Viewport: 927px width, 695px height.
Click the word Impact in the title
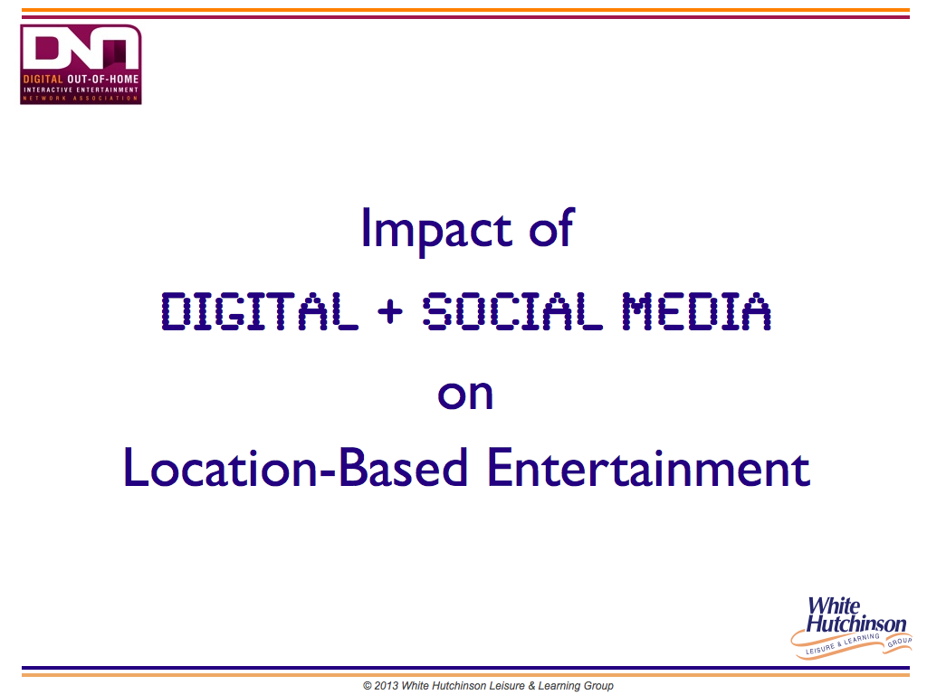[x=436, y=231]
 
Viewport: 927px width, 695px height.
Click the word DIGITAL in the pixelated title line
[x=260, y=311]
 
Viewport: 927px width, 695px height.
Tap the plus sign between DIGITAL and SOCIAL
[x=390, y=311]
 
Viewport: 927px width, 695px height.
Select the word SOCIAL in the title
[x=512, y=311]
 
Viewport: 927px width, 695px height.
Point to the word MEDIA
[x=696, y=311]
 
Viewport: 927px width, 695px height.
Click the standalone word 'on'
[x=465, y=395]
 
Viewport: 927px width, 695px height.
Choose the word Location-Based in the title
[x=295, y=467]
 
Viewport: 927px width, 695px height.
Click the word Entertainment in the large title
[x=648, y=468]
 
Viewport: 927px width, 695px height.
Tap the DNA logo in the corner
[x=81, y=64]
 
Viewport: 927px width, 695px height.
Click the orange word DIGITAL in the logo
[x=43, y=80]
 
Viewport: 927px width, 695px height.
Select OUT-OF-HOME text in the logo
[x=103, y=80]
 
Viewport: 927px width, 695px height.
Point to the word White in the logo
[x=834, y=605]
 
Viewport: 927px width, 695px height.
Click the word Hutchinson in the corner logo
[x=856, y=624]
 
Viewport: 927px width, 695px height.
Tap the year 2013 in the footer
[x=387, y=686]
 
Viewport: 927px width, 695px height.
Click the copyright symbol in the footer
[x=368, y=686]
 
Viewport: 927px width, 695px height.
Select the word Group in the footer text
[x=599, y=686]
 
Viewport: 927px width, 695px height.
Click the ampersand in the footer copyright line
[x=531, y=686]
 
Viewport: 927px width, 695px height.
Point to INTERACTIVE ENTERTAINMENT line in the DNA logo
[x=81, y=90]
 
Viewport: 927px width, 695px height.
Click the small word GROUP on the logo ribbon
[x=899, y=642]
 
